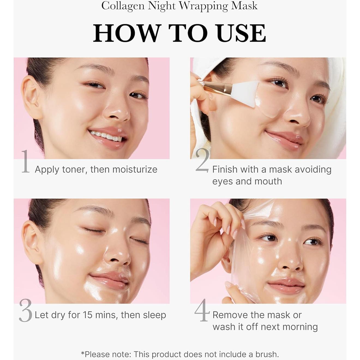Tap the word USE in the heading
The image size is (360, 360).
240,33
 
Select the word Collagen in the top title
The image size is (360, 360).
123,6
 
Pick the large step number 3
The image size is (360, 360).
25,311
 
